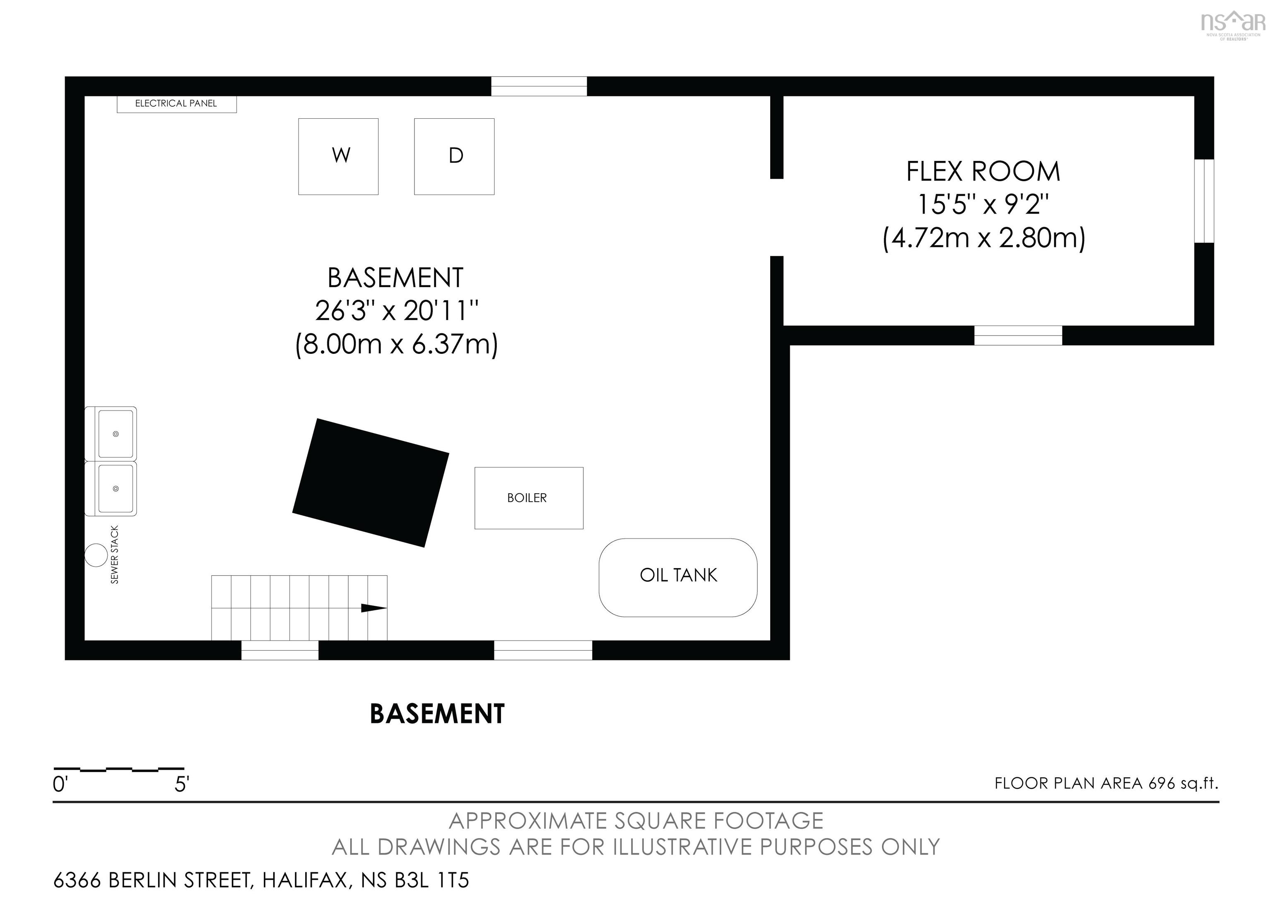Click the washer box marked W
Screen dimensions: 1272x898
pos(339,156)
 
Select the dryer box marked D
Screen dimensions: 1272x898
pos(454,156)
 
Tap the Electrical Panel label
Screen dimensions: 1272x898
pos(176,103)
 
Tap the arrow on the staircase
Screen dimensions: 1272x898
pos(374,608)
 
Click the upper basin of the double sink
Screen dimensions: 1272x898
pos(116,434)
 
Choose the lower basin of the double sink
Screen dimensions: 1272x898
pos(116,488)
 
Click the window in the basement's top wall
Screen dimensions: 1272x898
pos(539,86)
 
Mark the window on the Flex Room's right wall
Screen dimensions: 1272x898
pos(1204,201)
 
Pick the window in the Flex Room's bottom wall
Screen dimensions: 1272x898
pos(1018,336)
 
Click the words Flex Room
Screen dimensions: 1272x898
pos(983,172)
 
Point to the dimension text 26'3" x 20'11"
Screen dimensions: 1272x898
pos(397,311)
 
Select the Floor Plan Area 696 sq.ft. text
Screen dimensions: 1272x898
pos(1106,783)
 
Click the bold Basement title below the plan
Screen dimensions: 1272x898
pos(437,714)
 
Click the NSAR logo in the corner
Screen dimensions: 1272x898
pos(1233,25)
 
